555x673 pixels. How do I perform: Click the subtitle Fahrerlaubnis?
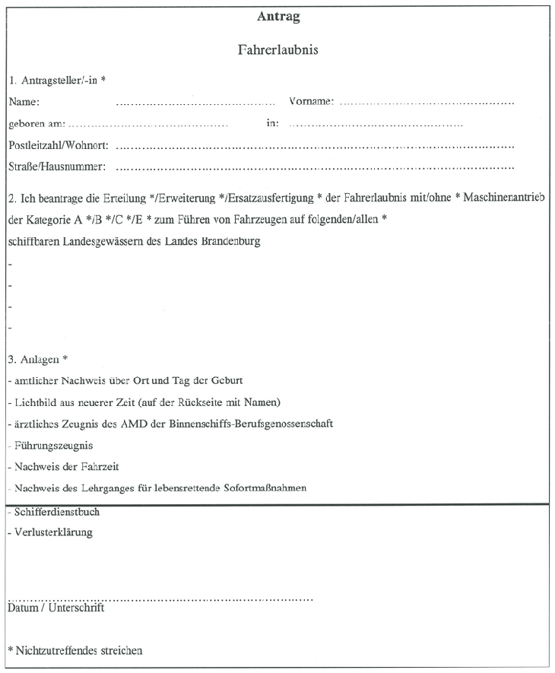[277, 51]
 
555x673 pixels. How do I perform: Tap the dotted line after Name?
[195, 102]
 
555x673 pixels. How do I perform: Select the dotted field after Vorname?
[427, 102]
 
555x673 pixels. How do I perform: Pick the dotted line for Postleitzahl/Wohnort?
[315, 145]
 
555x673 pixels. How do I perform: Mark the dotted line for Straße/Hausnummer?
[315, 167]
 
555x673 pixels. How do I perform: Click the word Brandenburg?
[229, 242]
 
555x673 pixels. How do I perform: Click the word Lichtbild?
[31, 402]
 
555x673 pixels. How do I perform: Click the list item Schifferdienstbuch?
[56, 512]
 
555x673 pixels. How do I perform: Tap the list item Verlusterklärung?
[52, 532]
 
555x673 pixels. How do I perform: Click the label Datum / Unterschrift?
[55, 608]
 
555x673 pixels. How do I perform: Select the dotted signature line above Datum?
[160, 599]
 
